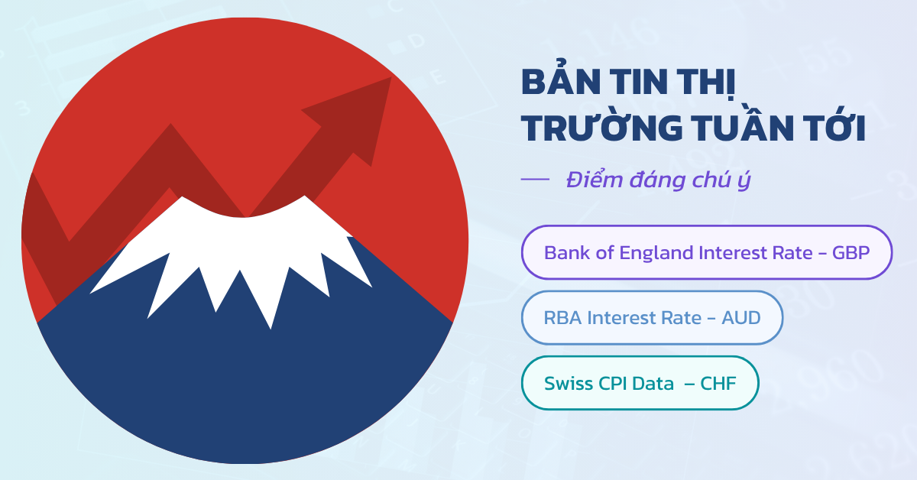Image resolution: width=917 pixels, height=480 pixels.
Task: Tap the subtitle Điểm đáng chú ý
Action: click(658, 180)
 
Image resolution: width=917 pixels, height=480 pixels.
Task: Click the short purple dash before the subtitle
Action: click(535, 179)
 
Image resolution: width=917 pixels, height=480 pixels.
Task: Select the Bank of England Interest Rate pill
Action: click(707, 252)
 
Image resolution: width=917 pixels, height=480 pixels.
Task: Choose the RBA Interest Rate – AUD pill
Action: click(652, 318)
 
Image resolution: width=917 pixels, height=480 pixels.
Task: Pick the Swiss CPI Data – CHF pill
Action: click(640, 383)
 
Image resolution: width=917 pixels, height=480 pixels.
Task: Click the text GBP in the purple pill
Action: click(851, 253)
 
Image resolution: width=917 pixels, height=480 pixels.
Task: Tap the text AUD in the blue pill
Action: click(741, 318)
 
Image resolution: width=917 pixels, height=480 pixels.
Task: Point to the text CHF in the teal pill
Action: click(718, 384)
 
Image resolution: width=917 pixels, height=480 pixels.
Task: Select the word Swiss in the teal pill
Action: click(569, 384)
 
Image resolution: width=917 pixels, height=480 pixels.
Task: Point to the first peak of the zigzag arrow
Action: click(170, 124)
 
